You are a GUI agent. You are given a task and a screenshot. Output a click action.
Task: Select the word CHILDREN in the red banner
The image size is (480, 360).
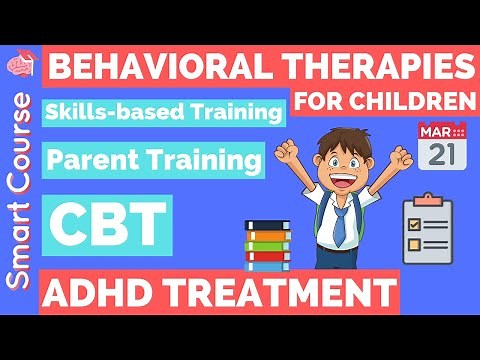(420, 100)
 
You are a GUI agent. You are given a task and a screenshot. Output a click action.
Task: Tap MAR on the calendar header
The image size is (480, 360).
(434, 130)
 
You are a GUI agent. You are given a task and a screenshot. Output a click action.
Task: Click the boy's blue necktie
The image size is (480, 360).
(340, 226)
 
